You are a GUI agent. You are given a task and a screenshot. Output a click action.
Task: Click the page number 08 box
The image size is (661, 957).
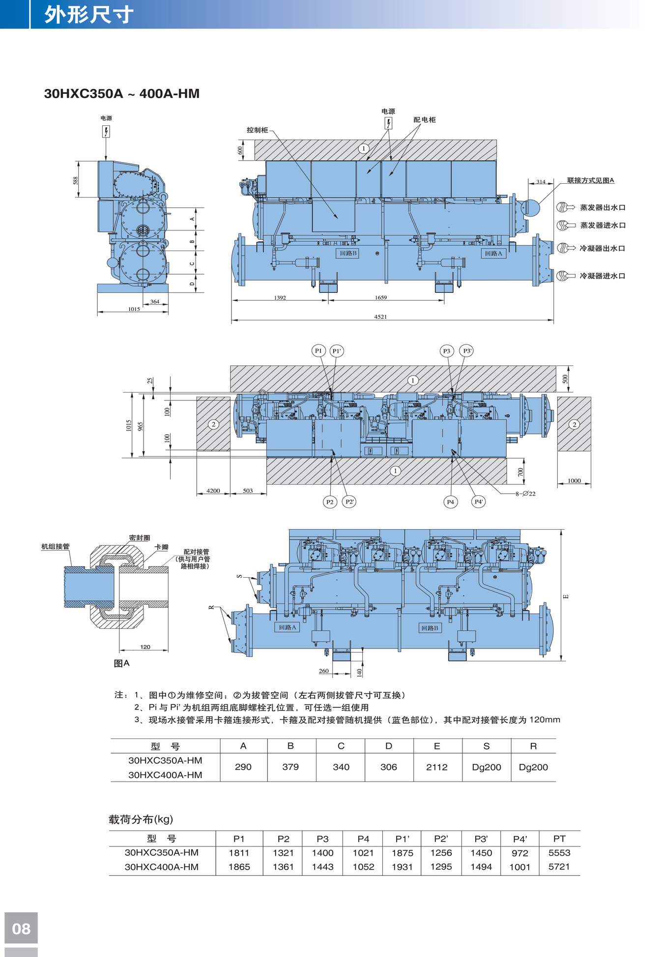coord(21,928)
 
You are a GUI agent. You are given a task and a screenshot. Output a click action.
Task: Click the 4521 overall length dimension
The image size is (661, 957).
coord(380,317)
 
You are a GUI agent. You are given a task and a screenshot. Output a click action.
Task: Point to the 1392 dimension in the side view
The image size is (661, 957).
coord(280,298)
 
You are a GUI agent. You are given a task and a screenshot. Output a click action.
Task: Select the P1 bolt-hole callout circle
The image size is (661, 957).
coord(318,351)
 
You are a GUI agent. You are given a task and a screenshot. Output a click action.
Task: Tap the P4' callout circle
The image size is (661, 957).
coord(479,502)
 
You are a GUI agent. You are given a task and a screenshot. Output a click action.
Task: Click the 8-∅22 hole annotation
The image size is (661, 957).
coord(525,494)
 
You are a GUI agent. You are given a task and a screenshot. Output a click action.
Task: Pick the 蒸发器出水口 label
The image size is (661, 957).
coord(603,207)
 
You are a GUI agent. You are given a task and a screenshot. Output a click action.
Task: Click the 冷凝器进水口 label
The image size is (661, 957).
coord(603,276)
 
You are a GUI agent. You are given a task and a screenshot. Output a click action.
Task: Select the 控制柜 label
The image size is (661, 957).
coord(258,130)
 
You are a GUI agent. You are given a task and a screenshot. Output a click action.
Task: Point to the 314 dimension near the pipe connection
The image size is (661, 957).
coord(541,182)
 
